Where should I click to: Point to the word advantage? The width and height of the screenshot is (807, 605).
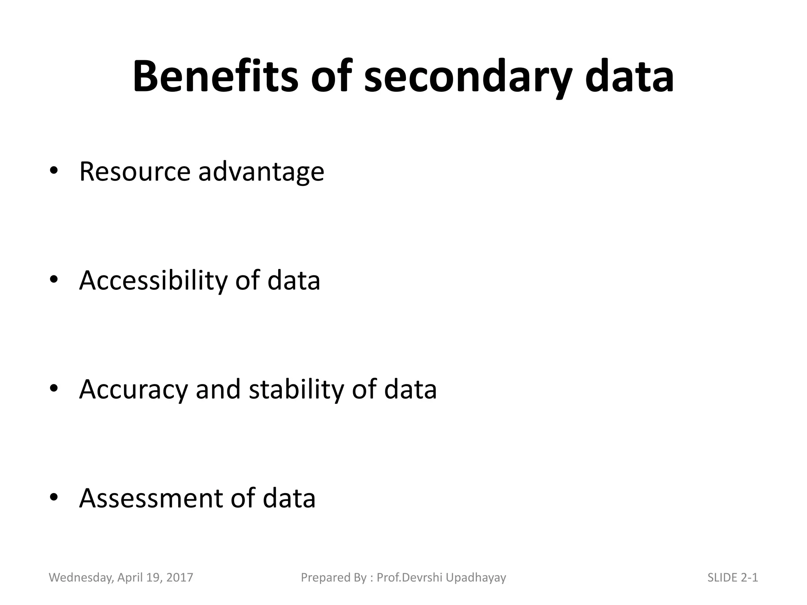(261, 172)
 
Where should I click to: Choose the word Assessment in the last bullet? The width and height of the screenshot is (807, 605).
(151, 498)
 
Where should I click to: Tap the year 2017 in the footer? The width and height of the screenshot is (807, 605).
(180, 577)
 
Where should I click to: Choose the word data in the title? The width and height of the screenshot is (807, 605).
(629, 77)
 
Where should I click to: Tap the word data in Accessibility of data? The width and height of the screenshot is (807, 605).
(294, 280)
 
